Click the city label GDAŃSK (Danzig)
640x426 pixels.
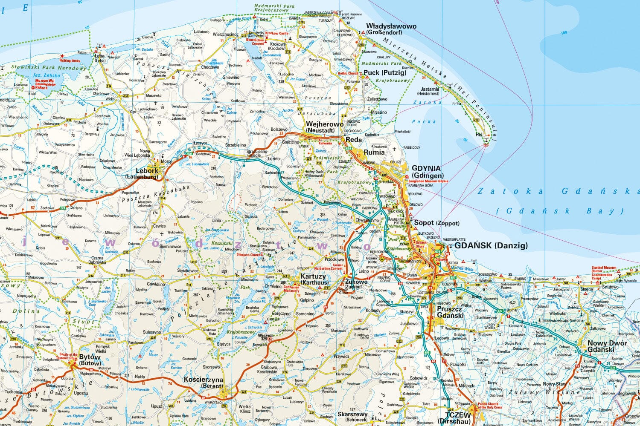tap(491, 245)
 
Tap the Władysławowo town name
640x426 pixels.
tap(391, 26)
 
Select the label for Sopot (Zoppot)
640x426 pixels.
tap(436, 223)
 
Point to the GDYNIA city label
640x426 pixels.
tap(426, 169)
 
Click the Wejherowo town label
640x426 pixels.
tap(324, 124)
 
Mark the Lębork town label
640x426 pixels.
tap(146, 170)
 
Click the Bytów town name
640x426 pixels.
tap(90, 357)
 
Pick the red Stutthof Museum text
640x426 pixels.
tap(604, 268)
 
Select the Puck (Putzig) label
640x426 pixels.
tap(384, 73)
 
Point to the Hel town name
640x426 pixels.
tap(479, 135)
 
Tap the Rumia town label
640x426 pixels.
tap(374, 152)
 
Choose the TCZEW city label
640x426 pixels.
tap(457, 414)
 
